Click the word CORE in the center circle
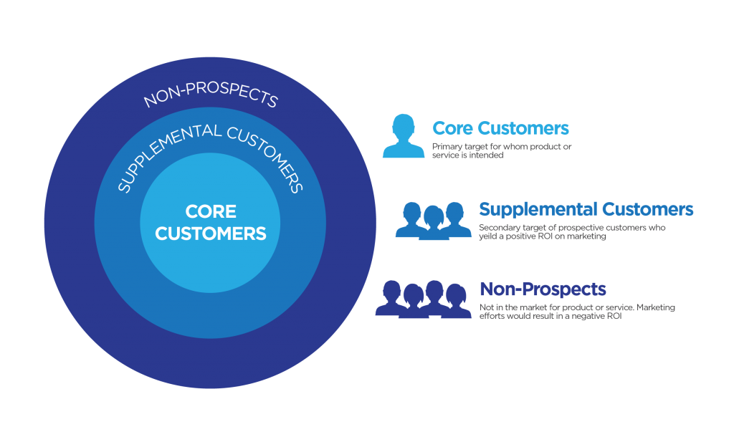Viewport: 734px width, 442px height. pyautogui.click(x=210, y=212)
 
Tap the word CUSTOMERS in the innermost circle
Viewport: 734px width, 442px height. pyautogui.click(x=210, y=234)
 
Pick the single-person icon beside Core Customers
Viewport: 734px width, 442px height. pyautogui.click(x=404, y=136)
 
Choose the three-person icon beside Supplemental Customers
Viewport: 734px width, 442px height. pyautogui.click(x=432, y=220)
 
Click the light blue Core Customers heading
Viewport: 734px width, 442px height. pyautogui.click(x=500, y=128)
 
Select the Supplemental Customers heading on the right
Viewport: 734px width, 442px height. pyautogui.click(x=586, y=209)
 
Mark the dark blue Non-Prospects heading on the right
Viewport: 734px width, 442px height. pyautogui.click(x=543, y=289)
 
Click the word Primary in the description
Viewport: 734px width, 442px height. pyautogui.click(x=444, y=147)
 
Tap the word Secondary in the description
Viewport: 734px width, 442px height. pyautogui.click(x=494, y=228)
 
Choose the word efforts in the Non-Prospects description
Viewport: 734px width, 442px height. pyautogui.click(x=490, y=316)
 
